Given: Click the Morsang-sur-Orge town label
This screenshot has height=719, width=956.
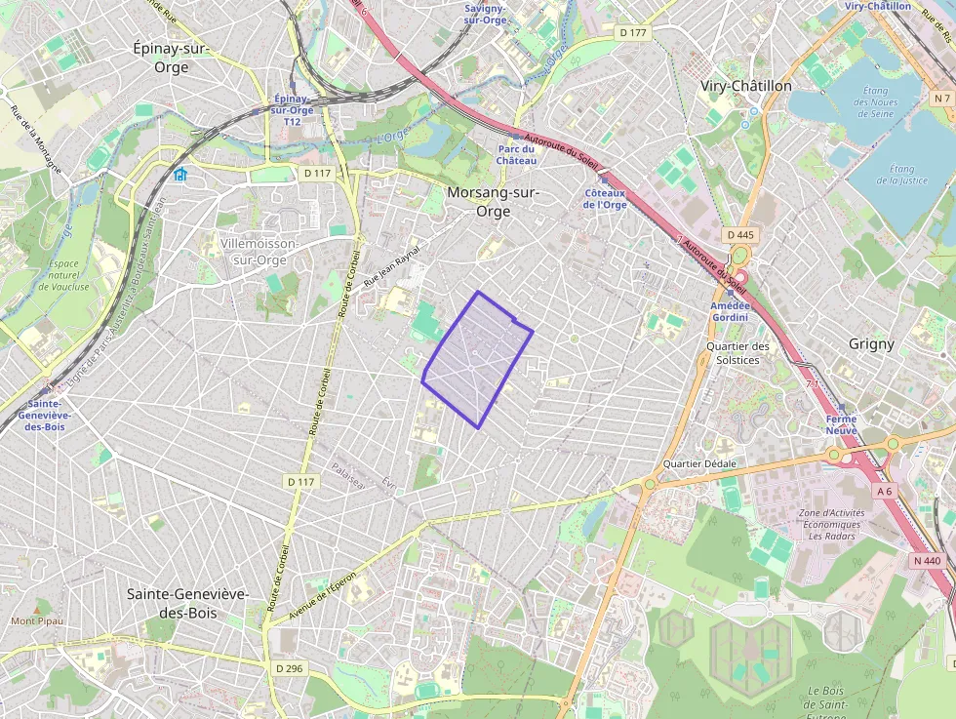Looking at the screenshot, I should point(493,201).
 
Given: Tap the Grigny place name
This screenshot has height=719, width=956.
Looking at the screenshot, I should point(871,343).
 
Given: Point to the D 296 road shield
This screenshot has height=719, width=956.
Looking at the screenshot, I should point(289,668).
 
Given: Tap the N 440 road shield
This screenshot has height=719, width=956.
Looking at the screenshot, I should point(928,560).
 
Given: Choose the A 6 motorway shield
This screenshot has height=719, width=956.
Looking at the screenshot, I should point(884,492).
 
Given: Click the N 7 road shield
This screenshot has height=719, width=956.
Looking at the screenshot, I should point(940,99).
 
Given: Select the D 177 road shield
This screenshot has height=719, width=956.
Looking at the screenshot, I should point(633,33).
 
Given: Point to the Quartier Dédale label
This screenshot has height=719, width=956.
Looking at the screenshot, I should point(699,463).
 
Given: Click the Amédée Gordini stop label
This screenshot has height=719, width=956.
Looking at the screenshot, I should point(730,310).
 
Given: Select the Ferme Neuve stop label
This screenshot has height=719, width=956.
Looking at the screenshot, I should point(841,424).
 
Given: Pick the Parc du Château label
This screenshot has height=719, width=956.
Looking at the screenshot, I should point(516,154).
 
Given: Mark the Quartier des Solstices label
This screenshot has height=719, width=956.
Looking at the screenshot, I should point(737,352).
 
